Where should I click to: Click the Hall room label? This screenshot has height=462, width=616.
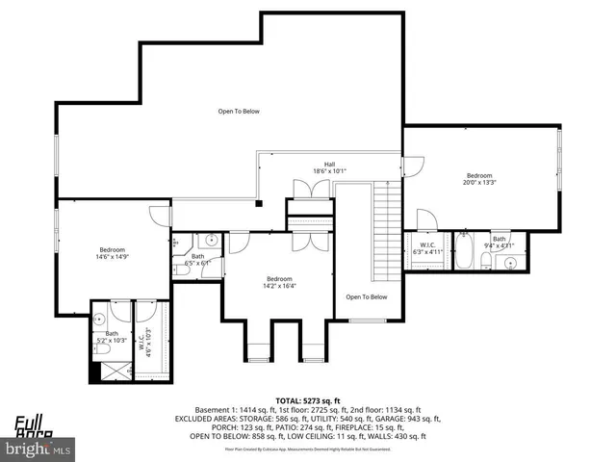click(329, 165)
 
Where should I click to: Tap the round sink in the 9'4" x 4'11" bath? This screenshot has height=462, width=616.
click(512, 260)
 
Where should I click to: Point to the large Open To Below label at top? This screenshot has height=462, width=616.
click(238, 112)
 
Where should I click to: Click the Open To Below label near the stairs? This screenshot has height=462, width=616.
click(367, 296)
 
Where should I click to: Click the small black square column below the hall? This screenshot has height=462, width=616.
click(258, 203)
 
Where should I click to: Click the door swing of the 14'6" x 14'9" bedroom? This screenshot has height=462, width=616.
click(158, 216)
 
